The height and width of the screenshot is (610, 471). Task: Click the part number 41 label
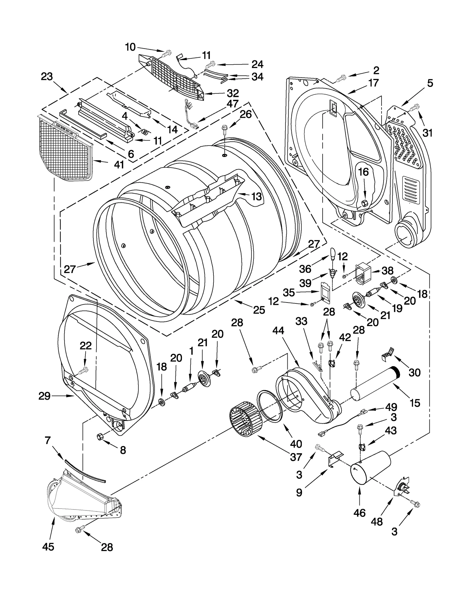119,165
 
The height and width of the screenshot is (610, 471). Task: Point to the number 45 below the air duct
48,547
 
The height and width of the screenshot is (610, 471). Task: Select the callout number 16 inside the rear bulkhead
363,172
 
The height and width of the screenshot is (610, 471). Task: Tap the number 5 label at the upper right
430,83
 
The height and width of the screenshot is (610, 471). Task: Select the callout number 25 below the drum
259,310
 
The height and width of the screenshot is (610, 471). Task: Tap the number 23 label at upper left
47,77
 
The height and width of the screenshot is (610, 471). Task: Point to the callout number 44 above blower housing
278,331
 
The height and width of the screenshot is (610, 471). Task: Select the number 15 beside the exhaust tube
415,403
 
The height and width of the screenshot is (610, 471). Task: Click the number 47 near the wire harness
232,104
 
